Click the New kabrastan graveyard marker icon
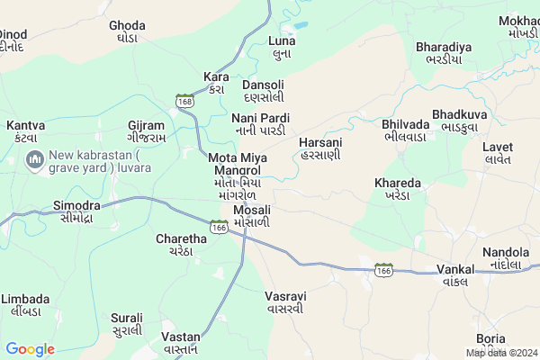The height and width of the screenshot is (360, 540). coord(35,161)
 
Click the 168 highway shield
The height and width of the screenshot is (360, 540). coord(185,99)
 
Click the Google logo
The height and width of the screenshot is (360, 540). coord(30,349)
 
